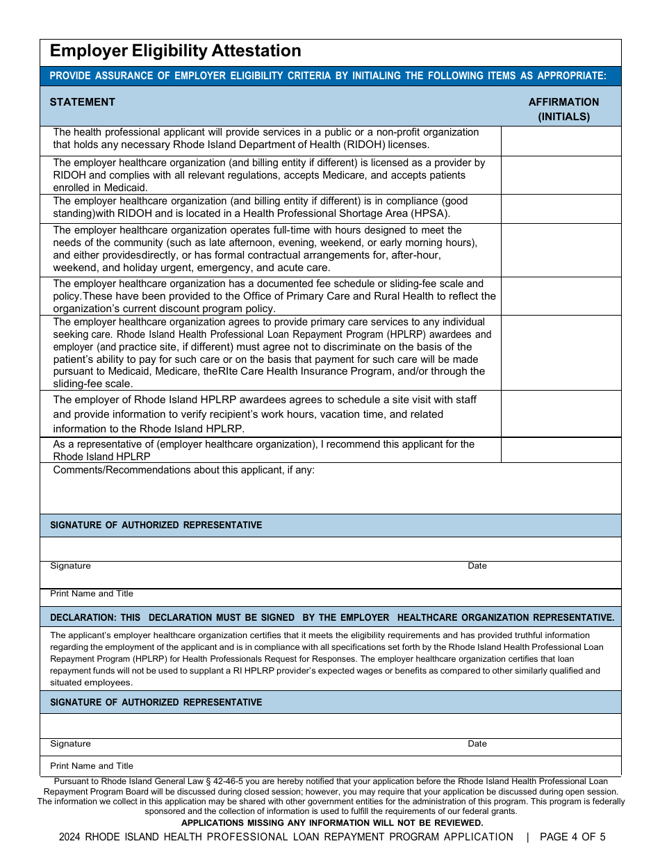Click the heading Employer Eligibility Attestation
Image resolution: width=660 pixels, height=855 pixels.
click(175, 51)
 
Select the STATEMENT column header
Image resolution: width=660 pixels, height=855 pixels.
click(82, 102)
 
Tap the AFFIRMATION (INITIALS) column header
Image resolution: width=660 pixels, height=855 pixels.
click(563, 109)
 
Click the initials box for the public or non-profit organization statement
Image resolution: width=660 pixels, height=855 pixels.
click(561, 140)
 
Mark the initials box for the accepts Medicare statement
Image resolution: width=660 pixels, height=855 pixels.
click(561, 175)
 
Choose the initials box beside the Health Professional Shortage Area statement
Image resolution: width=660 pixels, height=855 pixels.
click(561, 209)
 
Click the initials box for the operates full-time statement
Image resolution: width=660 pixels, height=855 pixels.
click(561, 250)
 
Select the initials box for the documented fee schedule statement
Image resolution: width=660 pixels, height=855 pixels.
click(561, 296)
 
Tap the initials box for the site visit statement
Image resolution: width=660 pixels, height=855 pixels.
click(561, 414)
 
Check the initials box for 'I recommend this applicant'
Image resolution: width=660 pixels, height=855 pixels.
click(561, 450)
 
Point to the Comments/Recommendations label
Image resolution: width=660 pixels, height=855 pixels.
click(183, 470)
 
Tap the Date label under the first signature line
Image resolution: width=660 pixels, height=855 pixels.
click(477, 566)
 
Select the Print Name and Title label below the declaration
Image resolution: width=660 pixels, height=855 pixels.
click(92, 766)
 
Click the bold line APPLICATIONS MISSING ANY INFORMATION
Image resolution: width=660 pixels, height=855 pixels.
click(331, 823)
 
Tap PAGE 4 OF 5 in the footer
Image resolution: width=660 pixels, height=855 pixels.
click(572, 837)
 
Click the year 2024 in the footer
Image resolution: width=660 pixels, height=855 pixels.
click(70, 837)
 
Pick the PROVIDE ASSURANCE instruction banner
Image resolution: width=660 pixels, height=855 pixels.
click(328, 76)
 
